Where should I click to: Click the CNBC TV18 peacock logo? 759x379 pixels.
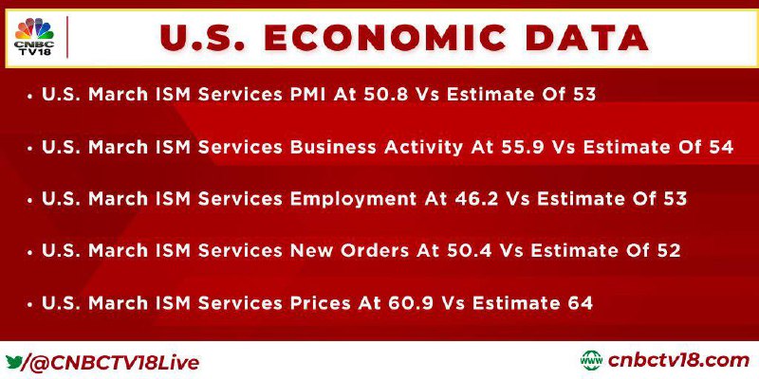(34, 37)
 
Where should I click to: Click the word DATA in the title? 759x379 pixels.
(587, 38)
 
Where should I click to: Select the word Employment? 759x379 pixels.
(352, 199)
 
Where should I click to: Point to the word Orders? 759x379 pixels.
(372, 251)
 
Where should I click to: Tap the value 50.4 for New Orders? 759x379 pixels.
(469, 251)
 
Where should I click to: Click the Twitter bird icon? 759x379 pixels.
(13, 362)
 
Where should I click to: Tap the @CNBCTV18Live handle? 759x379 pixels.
(112, 363)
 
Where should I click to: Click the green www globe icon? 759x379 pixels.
(591, 361)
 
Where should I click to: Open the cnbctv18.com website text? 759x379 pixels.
(678, 361)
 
